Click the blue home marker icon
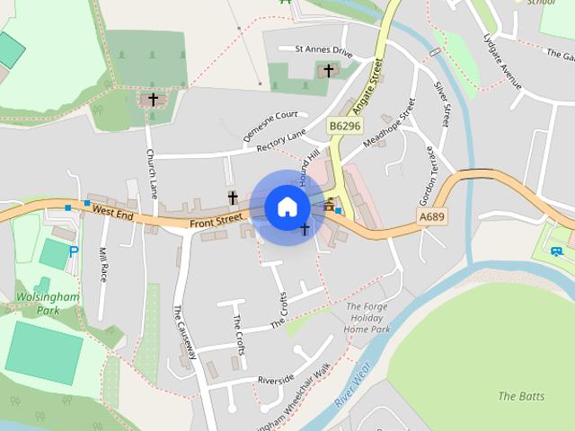point(287,207)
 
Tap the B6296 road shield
point(343,127)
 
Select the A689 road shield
point(431,217)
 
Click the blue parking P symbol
point(74,252)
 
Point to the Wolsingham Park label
point(47,303)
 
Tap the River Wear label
point(353,386)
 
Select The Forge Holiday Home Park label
point(368,318)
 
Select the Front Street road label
point(217,218)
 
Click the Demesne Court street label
point(270,127)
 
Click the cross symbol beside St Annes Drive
point(328,69)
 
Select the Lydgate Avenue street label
point(503,62)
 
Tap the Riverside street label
point(275,379)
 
